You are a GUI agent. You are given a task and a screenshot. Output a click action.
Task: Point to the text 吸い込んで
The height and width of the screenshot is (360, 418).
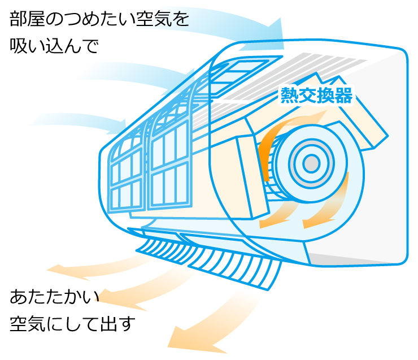(54, 46)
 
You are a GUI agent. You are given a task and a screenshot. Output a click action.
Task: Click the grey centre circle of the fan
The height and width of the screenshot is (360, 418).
(311, 163)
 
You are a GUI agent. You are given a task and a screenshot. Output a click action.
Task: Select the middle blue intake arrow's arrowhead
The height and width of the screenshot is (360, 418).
(188, 81)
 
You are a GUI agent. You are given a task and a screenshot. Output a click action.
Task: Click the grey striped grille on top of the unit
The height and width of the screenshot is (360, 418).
(316, 68)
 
